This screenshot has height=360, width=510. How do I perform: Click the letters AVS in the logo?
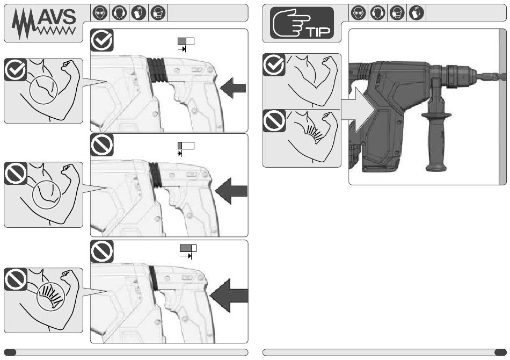click(56, 17)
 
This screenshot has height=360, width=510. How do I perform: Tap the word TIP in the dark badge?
click(319, 32)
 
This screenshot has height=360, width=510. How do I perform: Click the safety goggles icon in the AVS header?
click(100, 13)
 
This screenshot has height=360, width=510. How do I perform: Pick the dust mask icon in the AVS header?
click(158, 13)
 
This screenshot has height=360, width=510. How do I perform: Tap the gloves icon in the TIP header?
click(417, 13)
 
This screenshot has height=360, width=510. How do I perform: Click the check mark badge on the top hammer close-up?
click(102, 40)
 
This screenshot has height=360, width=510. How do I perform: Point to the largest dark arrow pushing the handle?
click(229, 296)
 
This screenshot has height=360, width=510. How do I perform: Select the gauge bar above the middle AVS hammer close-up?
click(186, 146)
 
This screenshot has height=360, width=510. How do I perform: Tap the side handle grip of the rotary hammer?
click(436, 136)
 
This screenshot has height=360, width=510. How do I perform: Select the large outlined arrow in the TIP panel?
click(359, 110)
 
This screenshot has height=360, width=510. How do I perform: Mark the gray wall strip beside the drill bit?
click(503, 107)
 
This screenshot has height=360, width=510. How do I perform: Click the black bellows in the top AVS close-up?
click(157, 70)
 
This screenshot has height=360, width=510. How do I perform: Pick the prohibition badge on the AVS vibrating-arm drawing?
click(16, 279)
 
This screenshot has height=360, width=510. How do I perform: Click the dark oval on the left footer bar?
click(10, 352)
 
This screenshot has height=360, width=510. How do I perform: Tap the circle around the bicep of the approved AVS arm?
click(43, 90)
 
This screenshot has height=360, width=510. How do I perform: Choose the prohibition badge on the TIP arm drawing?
click(274, 121)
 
